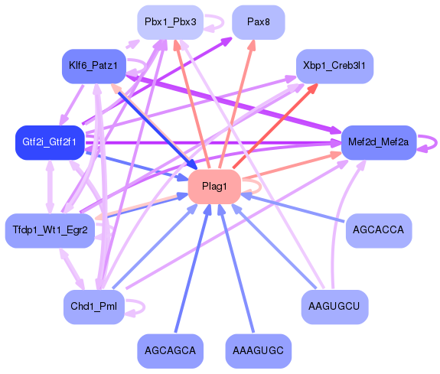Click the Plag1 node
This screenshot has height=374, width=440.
[214, 187]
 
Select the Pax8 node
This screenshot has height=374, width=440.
[258, 22]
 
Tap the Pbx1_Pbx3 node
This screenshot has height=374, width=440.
[170, 22]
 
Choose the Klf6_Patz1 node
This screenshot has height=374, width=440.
[93, 67]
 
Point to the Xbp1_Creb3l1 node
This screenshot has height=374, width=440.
[334, 66]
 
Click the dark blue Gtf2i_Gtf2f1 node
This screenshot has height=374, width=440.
[48, 142]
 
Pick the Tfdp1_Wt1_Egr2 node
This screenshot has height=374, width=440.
[50, 229]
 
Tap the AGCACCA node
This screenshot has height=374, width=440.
[378, 229]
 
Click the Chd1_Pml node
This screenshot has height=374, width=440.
[93, 307]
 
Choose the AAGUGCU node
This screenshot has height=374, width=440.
[334, 306]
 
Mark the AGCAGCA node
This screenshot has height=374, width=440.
[170, 350]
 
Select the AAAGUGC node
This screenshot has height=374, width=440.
[259, 350]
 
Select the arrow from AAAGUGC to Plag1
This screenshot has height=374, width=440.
[237, 272]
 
